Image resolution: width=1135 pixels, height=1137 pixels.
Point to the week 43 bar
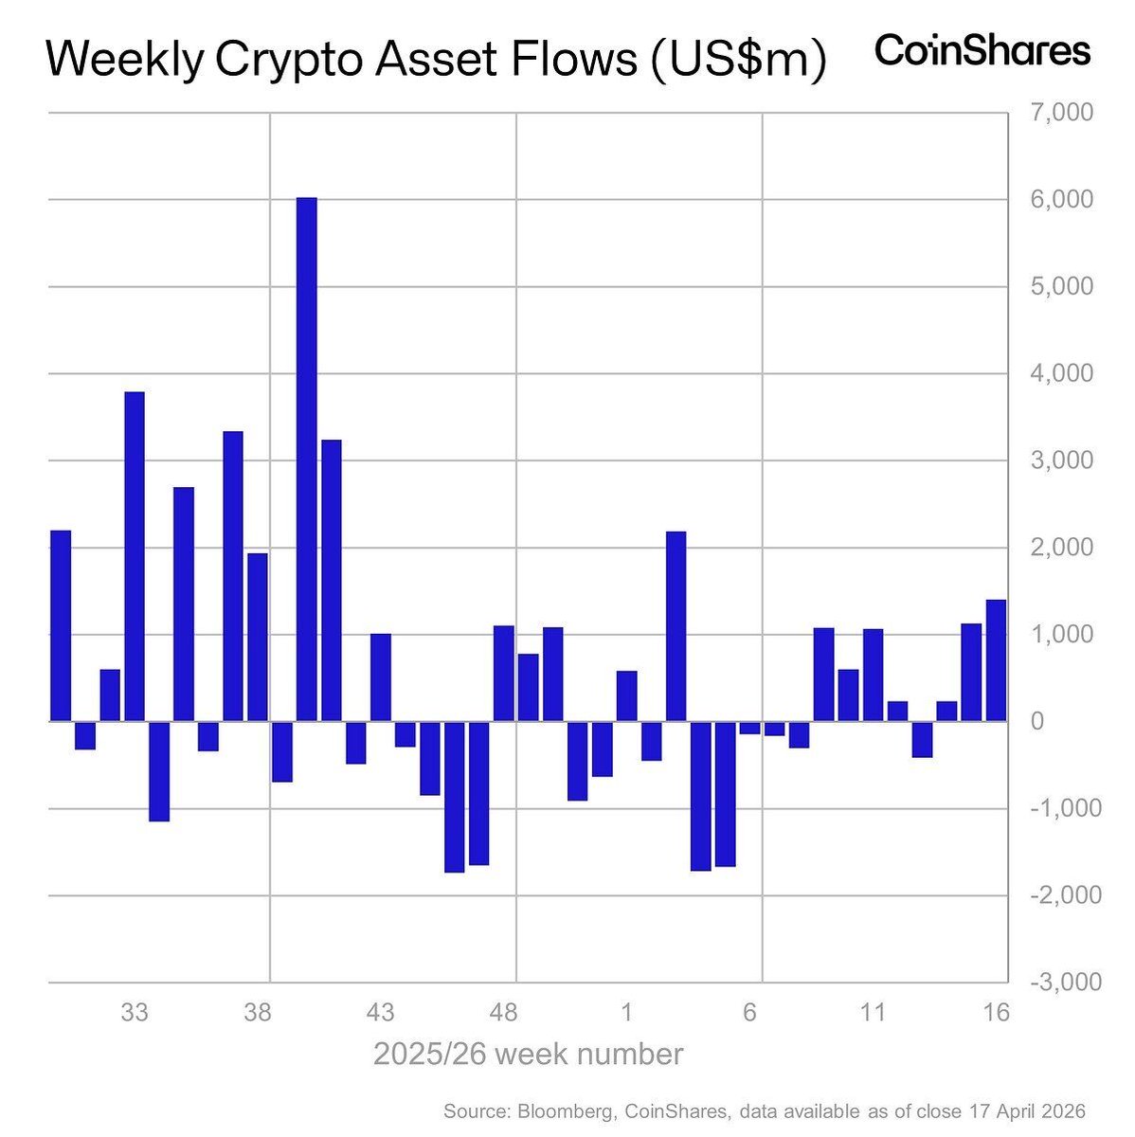pyautogui.click(x=381, y=677)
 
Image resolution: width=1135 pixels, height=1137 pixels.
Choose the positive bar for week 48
pyautogui.click(x=504, y=674)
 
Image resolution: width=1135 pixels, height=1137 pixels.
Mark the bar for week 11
pyautogui.click(x=873, y=675)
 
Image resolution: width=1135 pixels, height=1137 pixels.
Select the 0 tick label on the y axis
pyautogui.click(x=1038, y=722)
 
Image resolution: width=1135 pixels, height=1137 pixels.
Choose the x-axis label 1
pyautogui.click(x=626, y=1013)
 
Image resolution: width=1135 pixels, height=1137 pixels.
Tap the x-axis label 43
pyautogui.click(x=381, y=1013)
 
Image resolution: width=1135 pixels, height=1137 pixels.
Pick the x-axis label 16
pyautogui.click(x=995, y=1013)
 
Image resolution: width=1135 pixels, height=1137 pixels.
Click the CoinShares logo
pyautogui.click(x=982, y=51)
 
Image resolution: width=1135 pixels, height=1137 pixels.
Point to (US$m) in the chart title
pyautogui.click(x=735, y=61)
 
